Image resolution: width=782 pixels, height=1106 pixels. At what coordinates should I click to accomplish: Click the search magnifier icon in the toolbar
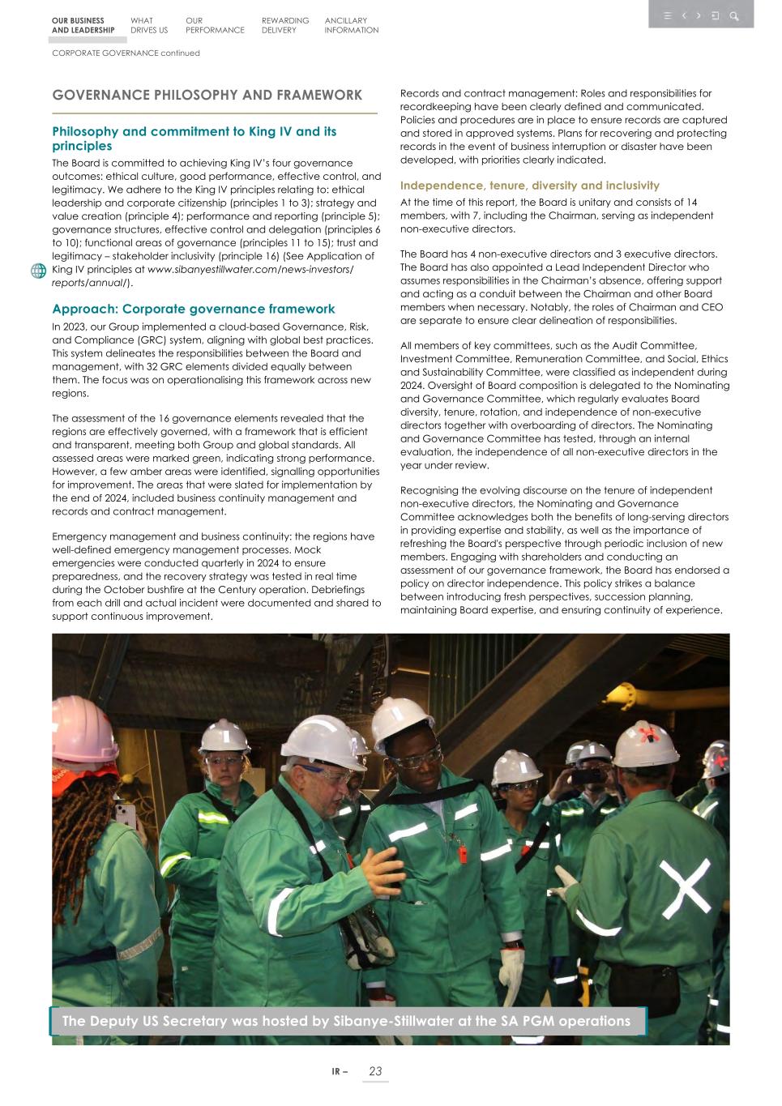pyautogui.click(x=733, y=15)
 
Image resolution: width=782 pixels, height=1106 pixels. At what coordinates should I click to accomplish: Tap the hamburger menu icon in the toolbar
pyautogui.click(x=667, y=15)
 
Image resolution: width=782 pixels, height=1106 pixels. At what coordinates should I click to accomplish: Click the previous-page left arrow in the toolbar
pyautogui.click(x=684, y=15)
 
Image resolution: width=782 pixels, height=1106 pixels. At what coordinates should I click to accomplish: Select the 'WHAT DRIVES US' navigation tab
pyautogui.click(x=149, y=25)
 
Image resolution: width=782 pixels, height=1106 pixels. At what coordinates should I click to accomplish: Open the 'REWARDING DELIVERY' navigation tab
pyautogui.click(x=284, y=25)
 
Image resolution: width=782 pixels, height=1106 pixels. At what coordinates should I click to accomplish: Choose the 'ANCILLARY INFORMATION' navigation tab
pyautogui.click(x=351, y=25)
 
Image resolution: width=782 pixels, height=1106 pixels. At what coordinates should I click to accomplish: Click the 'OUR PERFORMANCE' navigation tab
pyautogui.click(x=214, y=25)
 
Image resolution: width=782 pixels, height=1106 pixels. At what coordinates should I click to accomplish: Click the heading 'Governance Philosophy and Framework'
pyautogui.click(x=207, y=95)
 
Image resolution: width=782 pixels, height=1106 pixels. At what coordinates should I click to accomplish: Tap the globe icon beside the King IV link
pyautogui.click(x=38, y=271)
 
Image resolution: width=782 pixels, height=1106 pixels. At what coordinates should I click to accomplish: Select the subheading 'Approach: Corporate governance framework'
pyautogui.click(x=193, y=309)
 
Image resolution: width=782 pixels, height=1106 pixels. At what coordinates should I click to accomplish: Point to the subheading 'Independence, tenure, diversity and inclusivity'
pyautogui.click(x=529, y=186)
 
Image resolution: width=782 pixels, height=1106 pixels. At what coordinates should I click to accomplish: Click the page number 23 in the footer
pyautogui.click(x=375, y=1071)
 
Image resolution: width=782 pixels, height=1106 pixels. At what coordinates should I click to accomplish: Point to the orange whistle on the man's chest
pyautogui.click(x=462, y=854)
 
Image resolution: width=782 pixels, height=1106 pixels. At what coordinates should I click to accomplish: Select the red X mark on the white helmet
pyautogui.click(x=647, y=733)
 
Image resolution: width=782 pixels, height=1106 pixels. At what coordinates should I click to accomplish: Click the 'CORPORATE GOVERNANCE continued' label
pyautogui.click(x=126, y=53)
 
